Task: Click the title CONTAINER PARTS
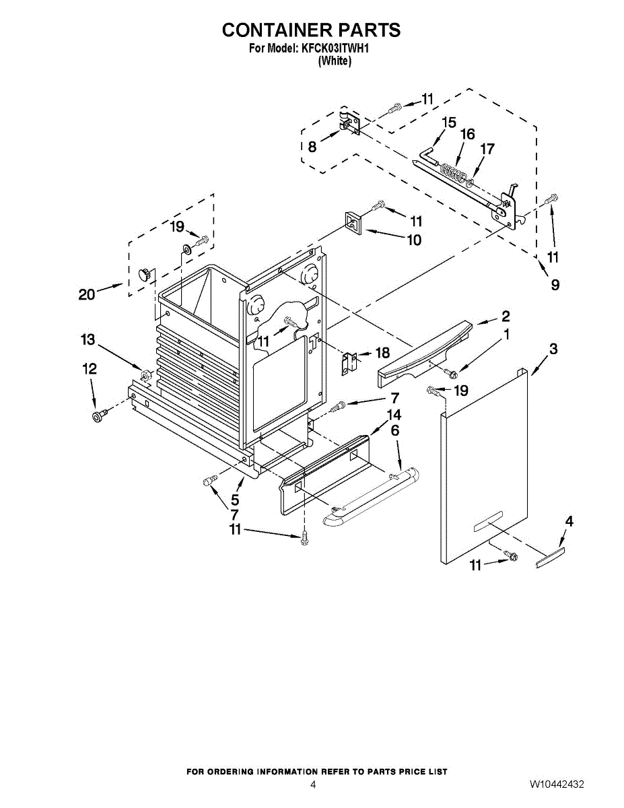tap(311, 30)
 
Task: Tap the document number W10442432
tap(556, 784)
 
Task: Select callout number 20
tap(87, 294)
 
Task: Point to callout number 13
tap(88, 340)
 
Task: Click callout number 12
tap(89, 369)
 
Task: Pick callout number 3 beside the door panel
tap(553, 349)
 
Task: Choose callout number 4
tap(569, 520)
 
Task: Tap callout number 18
tap(382, 352)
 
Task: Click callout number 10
tap(413, 240)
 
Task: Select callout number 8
tap(312, 147)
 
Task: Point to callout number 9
tap(555, 285)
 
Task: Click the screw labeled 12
tap(99, 416)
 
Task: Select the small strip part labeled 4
tap(550, 557)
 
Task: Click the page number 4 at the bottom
tap(312, 784)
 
